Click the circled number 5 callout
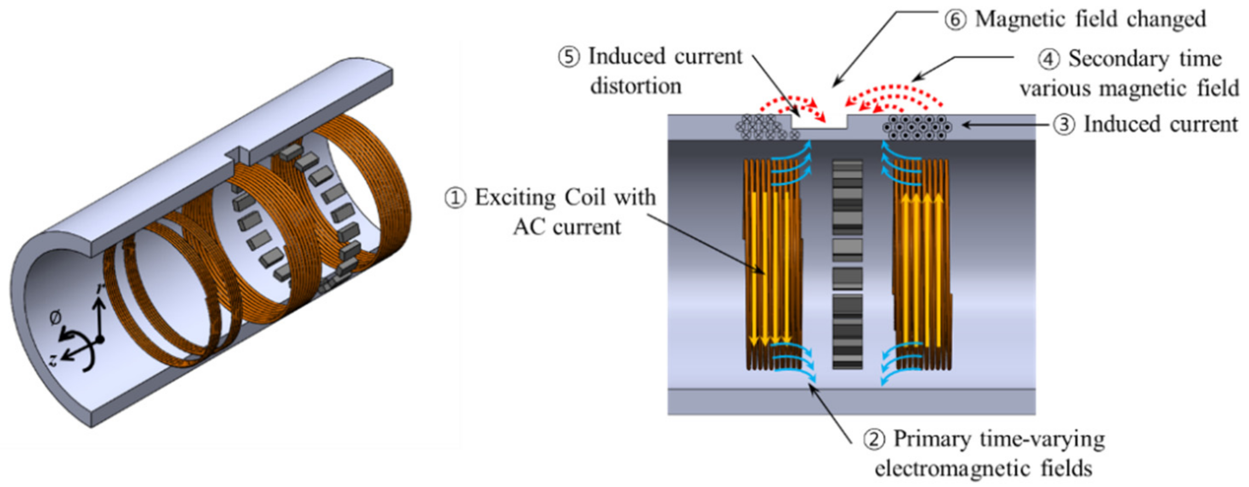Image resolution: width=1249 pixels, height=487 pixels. [569, 57]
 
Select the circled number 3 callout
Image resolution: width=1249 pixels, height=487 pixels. [1063, 125]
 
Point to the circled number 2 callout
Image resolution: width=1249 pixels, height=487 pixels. [874, 439]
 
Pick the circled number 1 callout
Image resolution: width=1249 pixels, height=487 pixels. [455, 198]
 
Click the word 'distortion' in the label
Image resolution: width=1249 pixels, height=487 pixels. [636, 86]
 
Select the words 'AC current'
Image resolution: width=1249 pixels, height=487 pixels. [567, 227]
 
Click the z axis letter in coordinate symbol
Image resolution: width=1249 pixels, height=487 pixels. [54, 360]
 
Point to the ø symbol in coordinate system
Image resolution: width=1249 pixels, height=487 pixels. [55, 318]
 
